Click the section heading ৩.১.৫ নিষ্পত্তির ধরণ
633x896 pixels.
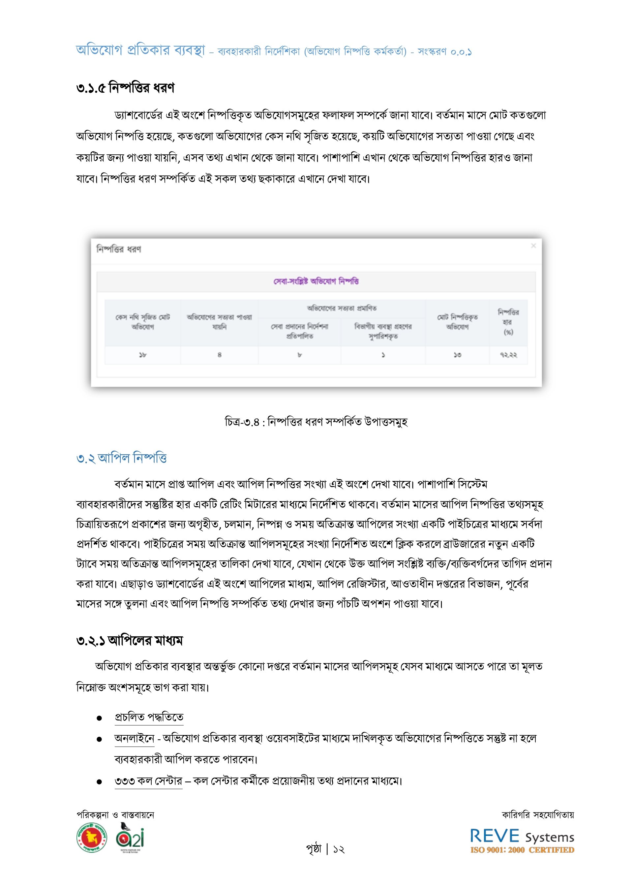point(125,88)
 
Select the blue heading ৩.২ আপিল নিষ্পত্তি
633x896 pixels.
point(121,458)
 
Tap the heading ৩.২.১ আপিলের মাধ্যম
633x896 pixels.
point(130,641)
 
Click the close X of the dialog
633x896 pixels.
point(533,246)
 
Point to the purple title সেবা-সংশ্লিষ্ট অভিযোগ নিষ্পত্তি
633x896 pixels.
point(316,281)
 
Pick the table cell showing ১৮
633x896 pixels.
point(142,355)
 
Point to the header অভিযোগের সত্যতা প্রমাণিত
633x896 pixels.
point(342,308)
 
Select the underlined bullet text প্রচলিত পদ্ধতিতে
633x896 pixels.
point(149,717)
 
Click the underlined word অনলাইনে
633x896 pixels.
point(134,738)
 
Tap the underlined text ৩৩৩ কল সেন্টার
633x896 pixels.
point(148,781)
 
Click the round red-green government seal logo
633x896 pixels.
point(92,838)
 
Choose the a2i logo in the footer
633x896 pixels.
point(130,838)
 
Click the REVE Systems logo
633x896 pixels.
point(522,836)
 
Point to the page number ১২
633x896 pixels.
point(339,849)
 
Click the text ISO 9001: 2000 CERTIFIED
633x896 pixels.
point(522,850)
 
